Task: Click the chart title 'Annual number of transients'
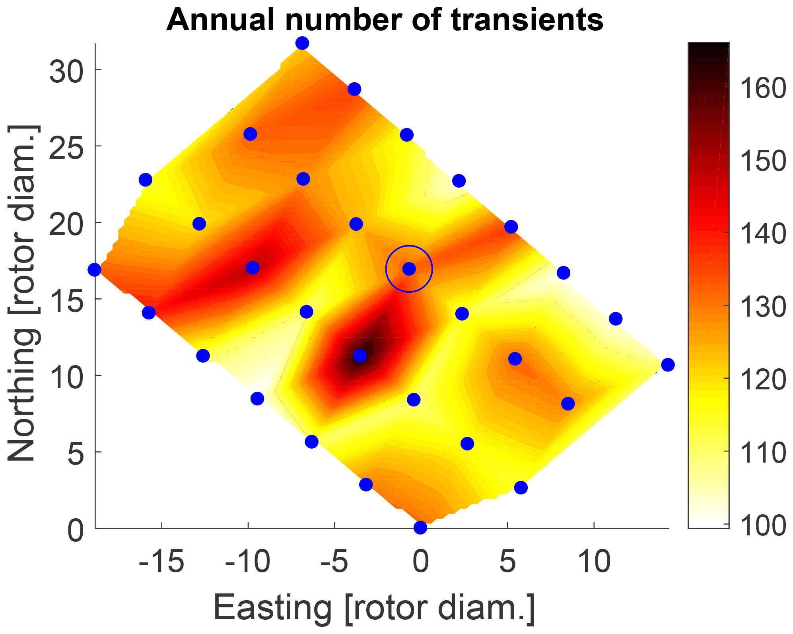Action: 385,20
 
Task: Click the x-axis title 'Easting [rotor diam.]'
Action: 374,607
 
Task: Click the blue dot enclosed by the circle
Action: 409,269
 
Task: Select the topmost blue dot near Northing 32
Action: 302,43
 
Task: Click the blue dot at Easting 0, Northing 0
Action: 420,527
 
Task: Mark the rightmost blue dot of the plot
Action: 668,364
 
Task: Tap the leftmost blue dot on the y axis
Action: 95,270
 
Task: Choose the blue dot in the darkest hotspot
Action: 360,356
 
